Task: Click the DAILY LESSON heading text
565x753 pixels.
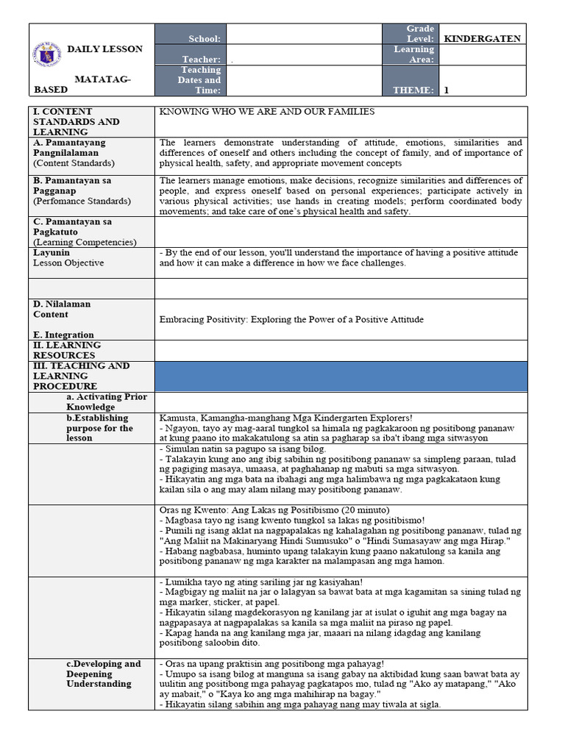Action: (x=105, y=49)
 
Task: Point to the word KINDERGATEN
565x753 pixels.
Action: (x=482, y=39)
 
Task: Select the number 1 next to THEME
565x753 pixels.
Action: (x=446, y=90)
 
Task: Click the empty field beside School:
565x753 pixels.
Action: (x=304, y=35)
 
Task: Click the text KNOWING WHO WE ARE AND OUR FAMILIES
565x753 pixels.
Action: (x=267, y=112)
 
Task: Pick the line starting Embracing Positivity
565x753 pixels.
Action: (x=291, y=319)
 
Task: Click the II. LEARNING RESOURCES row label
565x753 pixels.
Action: (x=67, y=350)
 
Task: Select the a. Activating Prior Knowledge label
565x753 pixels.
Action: (x=107, y=402)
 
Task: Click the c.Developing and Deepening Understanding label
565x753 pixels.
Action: (x=103, y=674)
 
